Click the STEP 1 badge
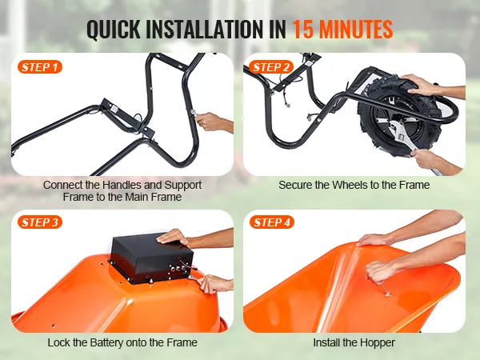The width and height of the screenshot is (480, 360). click(40, 67)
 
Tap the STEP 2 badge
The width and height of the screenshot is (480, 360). click(271, 67)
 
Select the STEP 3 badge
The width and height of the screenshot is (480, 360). click(40, 222)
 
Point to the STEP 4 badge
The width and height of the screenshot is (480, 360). click(272, 222)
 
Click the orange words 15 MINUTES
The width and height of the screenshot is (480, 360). click(342, 30)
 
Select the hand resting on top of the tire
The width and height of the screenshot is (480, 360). click(420, 85)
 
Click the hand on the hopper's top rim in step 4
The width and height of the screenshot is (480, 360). click(372, 240)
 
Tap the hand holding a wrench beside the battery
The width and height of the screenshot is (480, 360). click(211, 284)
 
